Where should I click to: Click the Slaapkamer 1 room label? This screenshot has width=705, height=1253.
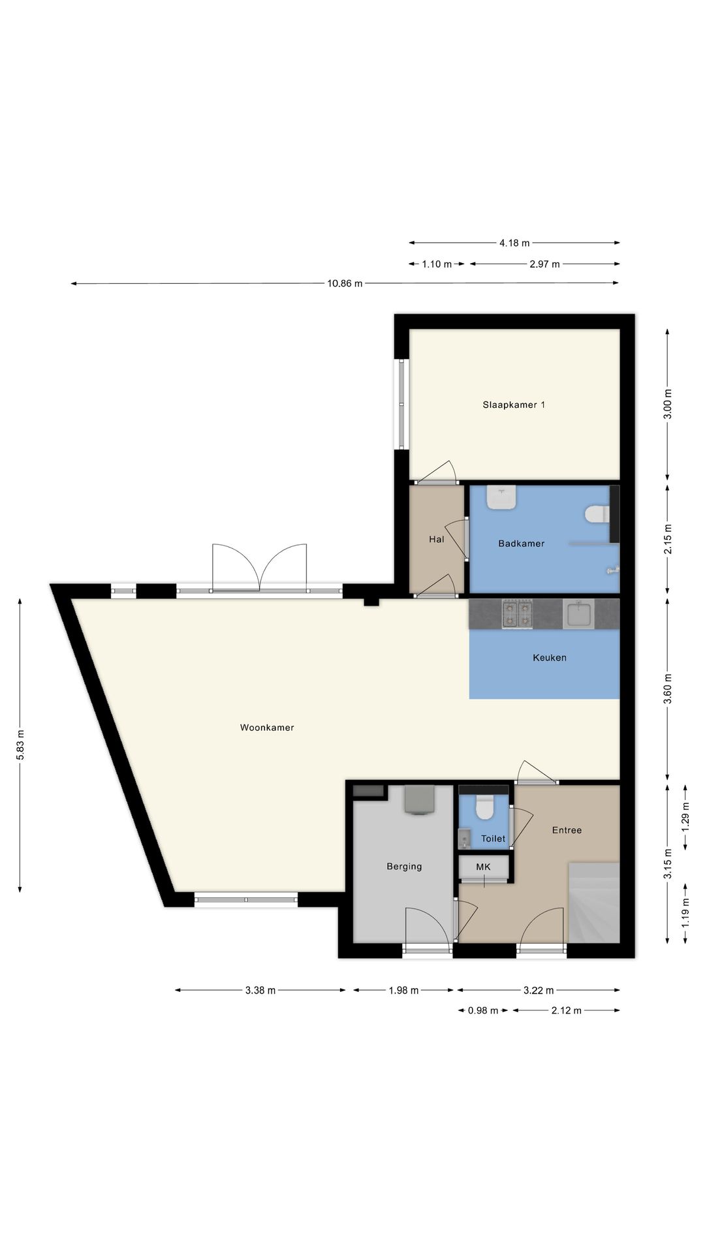point(514,405)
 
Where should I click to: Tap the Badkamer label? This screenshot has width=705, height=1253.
point(521,543)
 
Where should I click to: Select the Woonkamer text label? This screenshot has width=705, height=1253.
point(267,727)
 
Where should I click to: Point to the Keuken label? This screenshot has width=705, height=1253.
point(550,657)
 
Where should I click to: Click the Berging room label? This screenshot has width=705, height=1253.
point(404,867)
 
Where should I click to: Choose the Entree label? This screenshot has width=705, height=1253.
point(567,830)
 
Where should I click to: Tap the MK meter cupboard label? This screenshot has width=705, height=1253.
point(483,867)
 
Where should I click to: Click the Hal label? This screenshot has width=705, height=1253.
point(437,539)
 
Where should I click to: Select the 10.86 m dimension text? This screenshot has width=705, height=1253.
point(345,283)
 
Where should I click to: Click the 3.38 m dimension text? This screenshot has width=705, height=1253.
point(260,990)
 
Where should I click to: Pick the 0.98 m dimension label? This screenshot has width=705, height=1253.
point(483,1010)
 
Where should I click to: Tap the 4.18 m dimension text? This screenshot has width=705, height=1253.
point(514,243)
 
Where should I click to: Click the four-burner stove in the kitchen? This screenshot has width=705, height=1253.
point(517,613)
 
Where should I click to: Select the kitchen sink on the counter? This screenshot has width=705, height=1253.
point(578,613)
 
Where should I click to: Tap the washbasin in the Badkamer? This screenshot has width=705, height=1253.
point(501,498)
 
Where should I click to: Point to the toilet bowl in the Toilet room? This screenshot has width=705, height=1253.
point(484,807)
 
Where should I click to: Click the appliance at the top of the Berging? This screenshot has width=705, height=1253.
point(419,799)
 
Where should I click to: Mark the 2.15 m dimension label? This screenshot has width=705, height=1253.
point(667,539)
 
